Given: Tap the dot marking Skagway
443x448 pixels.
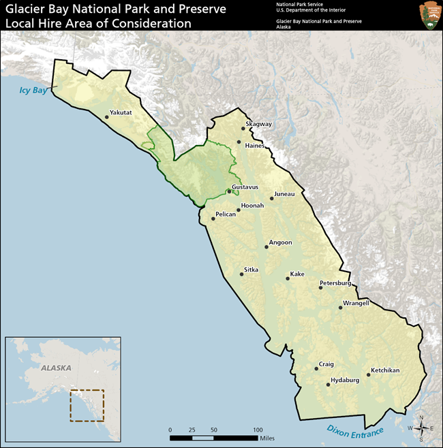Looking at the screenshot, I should click(243, 128).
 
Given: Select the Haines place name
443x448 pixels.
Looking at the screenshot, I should click(254, 145).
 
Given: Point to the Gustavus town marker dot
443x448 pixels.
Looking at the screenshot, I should click(229, 191).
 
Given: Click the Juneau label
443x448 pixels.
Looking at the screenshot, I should click(284, 194).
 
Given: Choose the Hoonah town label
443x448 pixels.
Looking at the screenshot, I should click(252, 205).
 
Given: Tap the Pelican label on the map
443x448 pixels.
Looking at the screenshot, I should click(225, 214).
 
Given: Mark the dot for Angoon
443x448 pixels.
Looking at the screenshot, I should click(266, 246).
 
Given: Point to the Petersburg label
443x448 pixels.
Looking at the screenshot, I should click(335, 283).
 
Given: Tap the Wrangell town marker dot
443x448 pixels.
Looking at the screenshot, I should click(340, 308).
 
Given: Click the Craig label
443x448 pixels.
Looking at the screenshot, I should click(326, 364).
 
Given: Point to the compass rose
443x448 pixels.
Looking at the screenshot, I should click(421, 428).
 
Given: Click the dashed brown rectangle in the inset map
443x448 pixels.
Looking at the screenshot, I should click(87, 405).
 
